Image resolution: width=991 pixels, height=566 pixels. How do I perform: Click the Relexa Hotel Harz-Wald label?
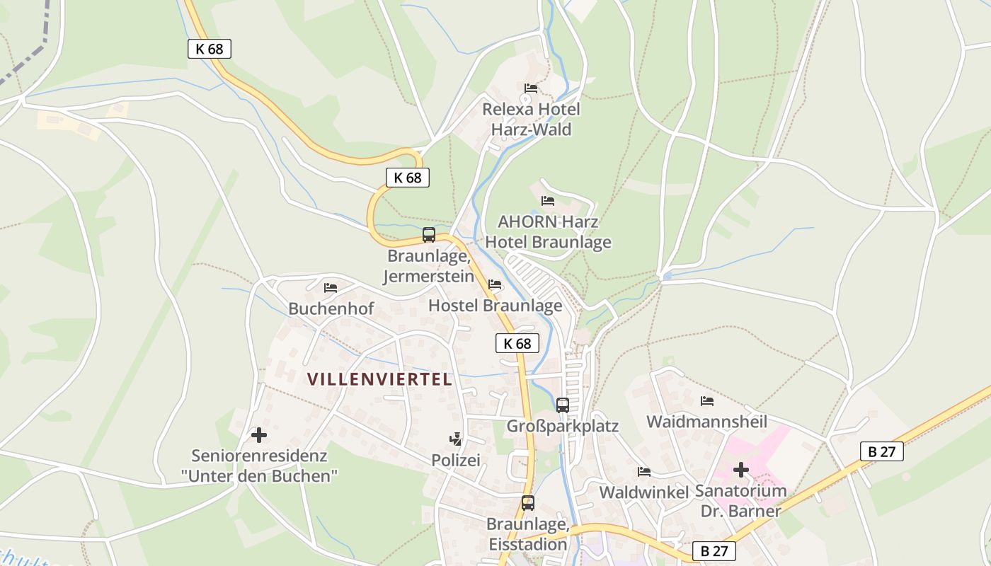531,120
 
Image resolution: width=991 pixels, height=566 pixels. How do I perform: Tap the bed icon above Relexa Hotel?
531,88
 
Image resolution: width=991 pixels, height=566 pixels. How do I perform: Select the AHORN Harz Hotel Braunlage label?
548,232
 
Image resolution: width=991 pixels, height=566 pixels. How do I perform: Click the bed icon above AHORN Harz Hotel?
548,201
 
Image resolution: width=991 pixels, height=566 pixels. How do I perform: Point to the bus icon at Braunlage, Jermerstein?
429,235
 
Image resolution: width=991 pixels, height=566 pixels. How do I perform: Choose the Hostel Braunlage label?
495,306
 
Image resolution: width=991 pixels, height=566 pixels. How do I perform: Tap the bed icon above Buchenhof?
331,288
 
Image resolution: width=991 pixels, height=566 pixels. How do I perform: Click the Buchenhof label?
331,308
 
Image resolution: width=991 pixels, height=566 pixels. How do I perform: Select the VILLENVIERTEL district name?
379,379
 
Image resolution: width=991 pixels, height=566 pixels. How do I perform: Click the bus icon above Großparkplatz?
563,405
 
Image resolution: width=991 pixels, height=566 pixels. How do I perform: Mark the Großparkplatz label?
563,426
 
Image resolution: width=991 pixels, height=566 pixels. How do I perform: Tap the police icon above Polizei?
456,439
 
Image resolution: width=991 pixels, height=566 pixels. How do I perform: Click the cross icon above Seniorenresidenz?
259,435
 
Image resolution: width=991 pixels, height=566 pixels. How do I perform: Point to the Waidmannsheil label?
706,422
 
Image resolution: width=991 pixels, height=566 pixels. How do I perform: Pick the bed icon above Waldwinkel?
643,472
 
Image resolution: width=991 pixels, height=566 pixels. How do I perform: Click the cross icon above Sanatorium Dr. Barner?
741,470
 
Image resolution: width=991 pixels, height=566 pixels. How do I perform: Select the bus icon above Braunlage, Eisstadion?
528,503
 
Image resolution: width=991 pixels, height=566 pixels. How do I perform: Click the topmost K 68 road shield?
210,49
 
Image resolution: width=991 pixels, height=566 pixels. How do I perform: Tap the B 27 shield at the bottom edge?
714,551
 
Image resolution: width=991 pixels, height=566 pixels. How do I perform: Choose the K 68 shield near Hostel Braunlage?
517,344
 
